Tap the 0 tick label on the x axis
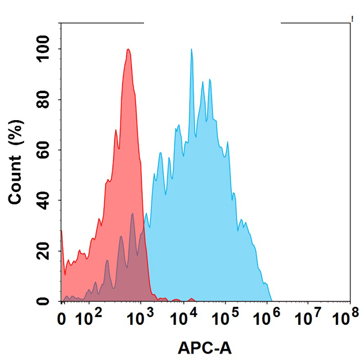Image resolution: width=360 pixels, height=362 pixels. (62, 316)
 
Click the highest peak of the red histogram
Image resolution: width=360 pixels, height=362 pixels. (128, 50)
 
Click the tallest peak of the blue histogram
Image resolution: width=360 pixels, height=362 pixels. (191, 50)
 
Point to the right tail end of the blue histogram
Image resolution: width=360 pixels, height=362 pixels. (271, 300)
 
